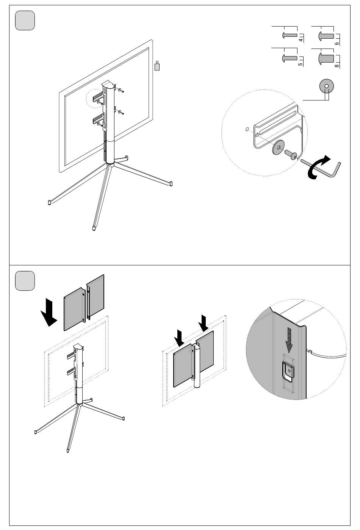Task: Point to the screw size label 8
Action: click(x=337, y=65)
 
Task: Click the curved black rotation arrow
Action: click(x=319, y=167)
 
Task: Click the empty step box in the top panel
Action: click(x=25, y=20)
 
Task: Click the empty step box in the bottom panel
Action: click(x=25, y=281)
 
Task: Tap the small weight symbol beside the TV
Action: click(x=157, y=66)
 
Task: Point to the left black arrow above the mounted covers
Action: click(x=180, y=337)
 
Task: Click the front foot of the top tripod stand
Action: click(x=94, y=228)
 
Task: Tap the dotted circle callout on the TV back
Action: click(x=97, y=99)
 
